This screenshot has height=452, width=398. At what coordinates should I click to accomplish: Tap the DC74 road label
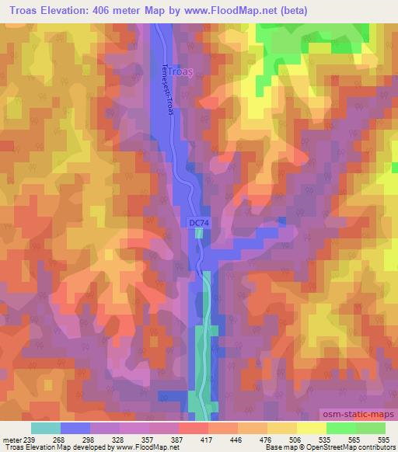201,222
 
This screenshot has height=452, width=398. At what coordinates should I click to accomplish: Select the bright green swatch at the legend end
371,428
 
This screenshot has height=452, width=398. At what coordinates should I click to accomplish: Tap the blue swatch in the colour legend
75,428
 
